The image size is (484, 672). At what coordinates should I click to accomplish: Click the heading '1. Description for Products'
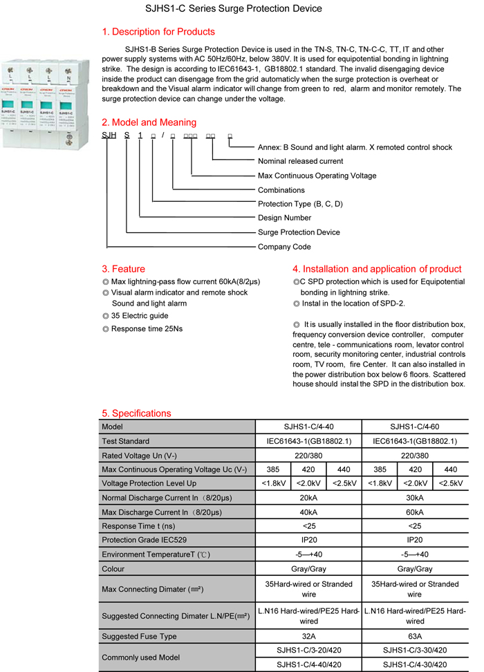158,32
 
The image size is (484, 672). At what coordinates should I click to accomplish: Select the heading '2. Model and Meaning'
149,122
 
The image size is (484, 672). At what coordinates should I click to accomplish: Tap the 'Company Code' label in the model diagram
284,247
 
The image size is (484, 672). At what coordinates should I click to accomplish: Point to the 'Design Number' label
284,218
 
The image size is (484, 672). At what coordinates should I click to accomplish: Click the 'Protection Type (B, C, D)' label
300,204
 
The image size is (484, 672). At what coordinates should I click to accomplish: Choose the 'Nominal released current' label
300,161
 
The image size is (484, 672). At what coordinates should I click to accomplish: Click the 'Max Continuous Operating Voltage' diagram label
317,176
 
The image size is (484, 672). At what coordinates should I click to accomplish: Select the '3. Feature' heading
124,269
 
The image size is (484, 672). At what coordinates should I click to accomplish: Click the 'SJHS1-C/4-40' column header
308,427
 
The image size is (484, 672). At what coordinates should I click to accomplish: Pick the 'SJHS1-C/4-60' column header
414,427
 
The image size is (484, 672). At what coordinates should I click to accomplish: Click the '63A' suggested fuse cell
414,636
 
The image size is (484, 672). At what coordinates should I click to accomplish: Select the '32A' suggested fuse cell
308,636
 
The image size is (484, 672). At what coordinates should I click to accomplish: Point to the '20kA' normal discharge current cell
308,498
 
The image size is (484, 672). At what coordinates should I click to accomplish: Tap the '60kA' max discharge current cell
414,512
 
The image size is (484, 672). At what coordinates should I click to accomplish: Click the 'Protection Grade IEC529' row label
144,540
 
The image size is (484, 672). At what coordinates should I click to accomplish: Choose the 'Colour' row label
113,569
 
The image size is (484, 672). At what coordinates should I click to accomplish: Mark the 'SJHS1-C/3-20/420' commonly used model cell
308,651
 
